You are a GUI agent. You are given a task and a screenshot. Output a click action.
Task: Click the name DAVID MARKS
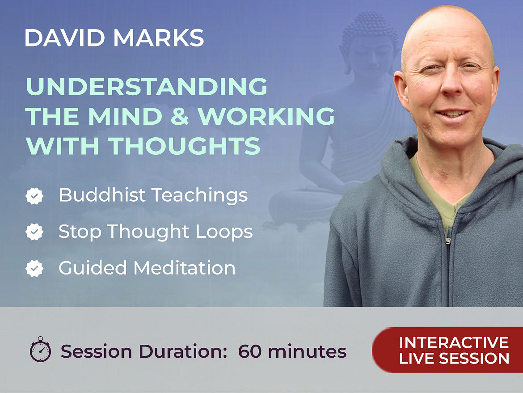click(114, 38)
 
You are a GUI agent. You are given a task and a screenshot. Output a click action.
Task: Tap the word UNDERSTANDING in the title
click(147, 86)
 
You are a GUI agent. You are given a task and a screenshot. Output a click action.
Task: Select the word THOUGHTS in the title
click(184, 146)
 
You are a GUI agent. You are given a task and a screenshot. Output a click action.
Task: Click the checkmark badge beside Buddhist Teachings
click(34, 196)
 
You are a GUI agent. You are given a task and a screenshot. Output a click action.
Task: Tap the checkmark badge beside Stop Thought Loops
click(34, 232)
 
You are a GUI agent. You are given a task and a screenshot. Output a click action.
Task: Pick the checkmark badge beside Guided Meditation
click(34, 269)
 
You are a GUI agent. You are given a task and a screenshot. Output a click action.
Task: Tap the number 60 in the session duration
click(249, 351)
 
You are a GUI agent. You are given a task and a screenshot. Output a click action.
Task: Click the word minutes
click(307, 351)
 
